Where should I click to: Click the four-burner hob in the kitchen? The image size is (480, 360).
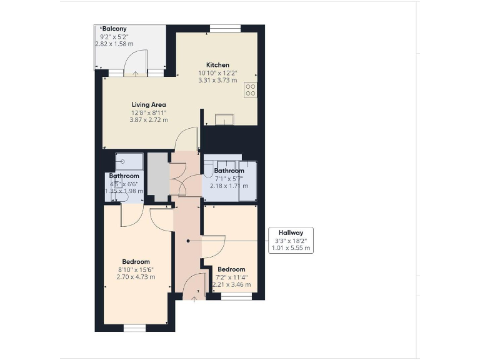[x=250, y=89]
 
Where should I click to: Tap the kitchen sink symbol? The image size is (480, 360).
[x=224, y=119]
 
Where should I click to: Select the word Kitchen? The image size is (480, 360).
[x=217, y=65]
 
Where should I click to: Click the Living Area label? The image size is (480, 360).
[x=148, y=104]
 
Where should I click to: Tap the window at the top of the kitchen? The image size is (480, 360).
[x=225, y=27]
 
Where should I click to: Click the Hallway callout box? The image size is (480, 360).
[x=290, y=240]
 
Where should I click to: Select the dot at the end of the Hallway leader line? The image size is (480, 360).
[x=188, y=240]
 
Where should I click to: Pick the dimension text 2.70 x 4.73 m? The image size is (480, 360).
[x=136, y=277]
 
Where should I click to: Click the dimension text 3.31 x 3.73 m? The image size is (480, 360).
[x=217, y=80]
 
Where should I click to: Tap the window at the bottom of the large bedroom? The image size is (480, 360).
[x=134, y=327]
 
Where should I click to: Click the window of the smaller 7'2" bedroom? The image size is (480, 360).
[x=234, y=296]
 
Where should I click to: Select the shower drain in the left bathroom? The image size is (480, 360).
[x=123, y=161]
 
